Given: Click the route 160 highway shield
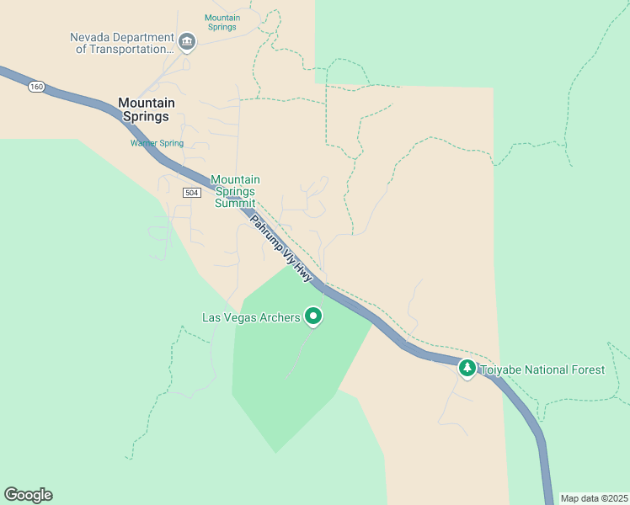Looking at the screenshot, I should click(x=35, y=87).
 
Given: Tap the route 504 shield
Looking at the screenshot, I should click(x=191, y=193).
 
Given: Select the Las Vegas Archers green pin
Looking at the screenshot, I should click(x=313, y=316).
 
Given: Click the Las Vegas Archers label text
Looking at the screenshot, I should click(x=251, y=317).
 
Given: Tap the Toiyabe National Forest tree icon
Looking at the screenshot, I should click(x=467, y=368).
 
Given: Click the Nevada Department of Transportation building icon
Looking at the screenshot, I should click(x=187, y=40).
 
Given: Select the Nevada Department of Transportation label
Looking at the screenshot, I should click(x=121, y=43).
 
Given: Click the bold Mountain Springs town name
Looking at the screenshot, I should click(x=147, y=109).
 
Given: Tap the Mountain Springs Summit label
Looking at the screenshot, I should click(x=235, y=191).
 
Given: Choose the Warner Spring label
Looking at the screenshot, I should click(x=157, y=143).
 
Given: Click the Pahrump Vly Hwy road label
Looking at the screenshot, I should click(x=281, y=248).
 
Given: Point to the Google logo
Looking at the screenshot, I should click(x=28, y=495).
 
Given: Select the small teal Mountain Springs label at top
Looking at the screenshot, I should click(x=222, y=22).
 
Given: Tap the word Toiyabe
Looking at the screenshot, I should click(x=503, y=369).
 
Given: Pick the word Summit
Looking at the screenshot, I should click(x=235, y=203).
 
